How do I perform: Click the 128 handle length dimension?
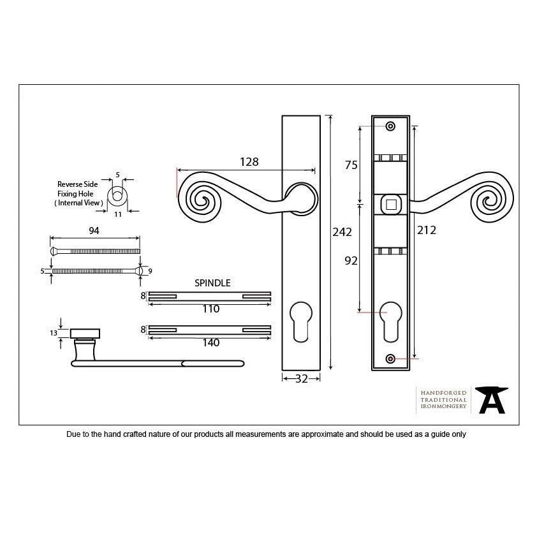coord(249,161)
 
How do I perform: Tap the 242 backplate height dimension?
coord(342,232)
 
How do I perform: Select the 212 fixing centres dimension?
coord(427,230)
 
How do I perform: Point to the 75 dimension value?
coord(351,165)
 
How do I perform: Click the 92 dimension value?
coord(351,261)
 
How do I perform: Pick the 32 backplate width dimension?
coord(302,379)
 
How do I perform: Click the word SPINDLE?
coord(212,283)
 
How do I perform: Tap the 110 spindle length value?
coord(211,309)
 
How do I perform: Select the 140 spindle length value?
coord(211,342)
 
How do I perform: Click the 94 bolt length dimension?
coord(94,231)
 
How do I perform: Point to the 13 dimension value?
coord(54,333)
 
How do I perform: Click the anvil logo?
coord(492,400)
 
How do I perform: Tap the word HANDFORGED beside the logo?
coord(443,393)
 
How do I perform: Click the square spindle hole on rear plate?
coord(391,205)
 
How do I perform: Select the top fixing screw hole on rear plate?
coord(390,126)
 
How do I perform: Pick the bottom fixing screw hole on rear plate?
coord(390,358)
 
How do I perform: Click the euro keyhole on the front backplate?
coord(301,321)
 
